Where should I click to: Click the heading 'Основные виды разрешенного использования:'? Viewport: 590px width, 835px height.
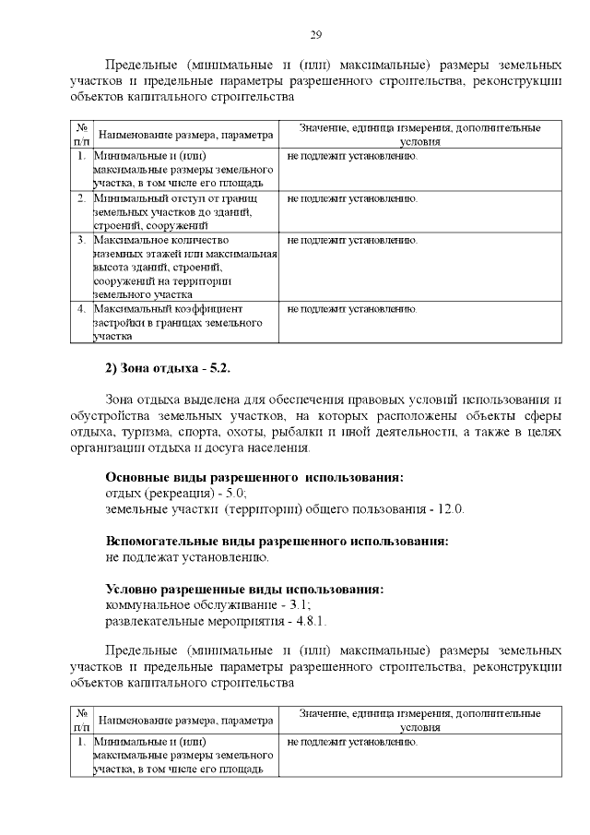point(254,478)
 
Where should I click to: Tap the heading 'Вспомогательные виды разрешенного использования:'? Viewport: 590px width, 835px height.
point(277,542)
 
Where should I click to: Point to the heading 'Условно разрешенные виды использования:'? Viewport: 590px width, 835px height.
point(244,590)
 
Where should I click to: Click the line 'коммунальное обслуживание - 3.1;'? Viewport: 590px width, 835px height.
point(207,605)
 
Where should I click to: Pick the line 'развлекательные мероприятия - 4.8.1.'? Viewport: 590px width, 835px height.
point(217,621)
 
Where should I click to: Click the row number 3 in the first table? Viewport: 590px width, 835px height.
point(81,240)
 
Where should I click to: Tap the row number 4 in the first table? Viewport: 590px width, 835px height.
point(81,309)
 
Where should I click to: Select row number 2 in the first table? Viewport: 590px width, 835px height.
point(81,198)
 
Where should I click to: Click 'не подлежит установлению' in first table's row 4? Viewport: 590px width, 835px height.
point(352,309)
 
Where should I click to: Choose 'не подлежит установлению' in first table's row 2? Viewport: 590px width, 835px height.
point(352,198)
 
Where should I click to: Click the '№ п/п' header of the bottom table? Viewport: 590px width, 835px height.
point(80,721)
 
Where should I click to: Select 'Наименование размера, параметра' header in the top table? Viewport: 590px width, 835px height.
point(185,135)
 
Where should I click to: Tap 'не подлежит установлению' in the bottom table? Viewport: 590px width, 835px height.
point(352,742)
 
